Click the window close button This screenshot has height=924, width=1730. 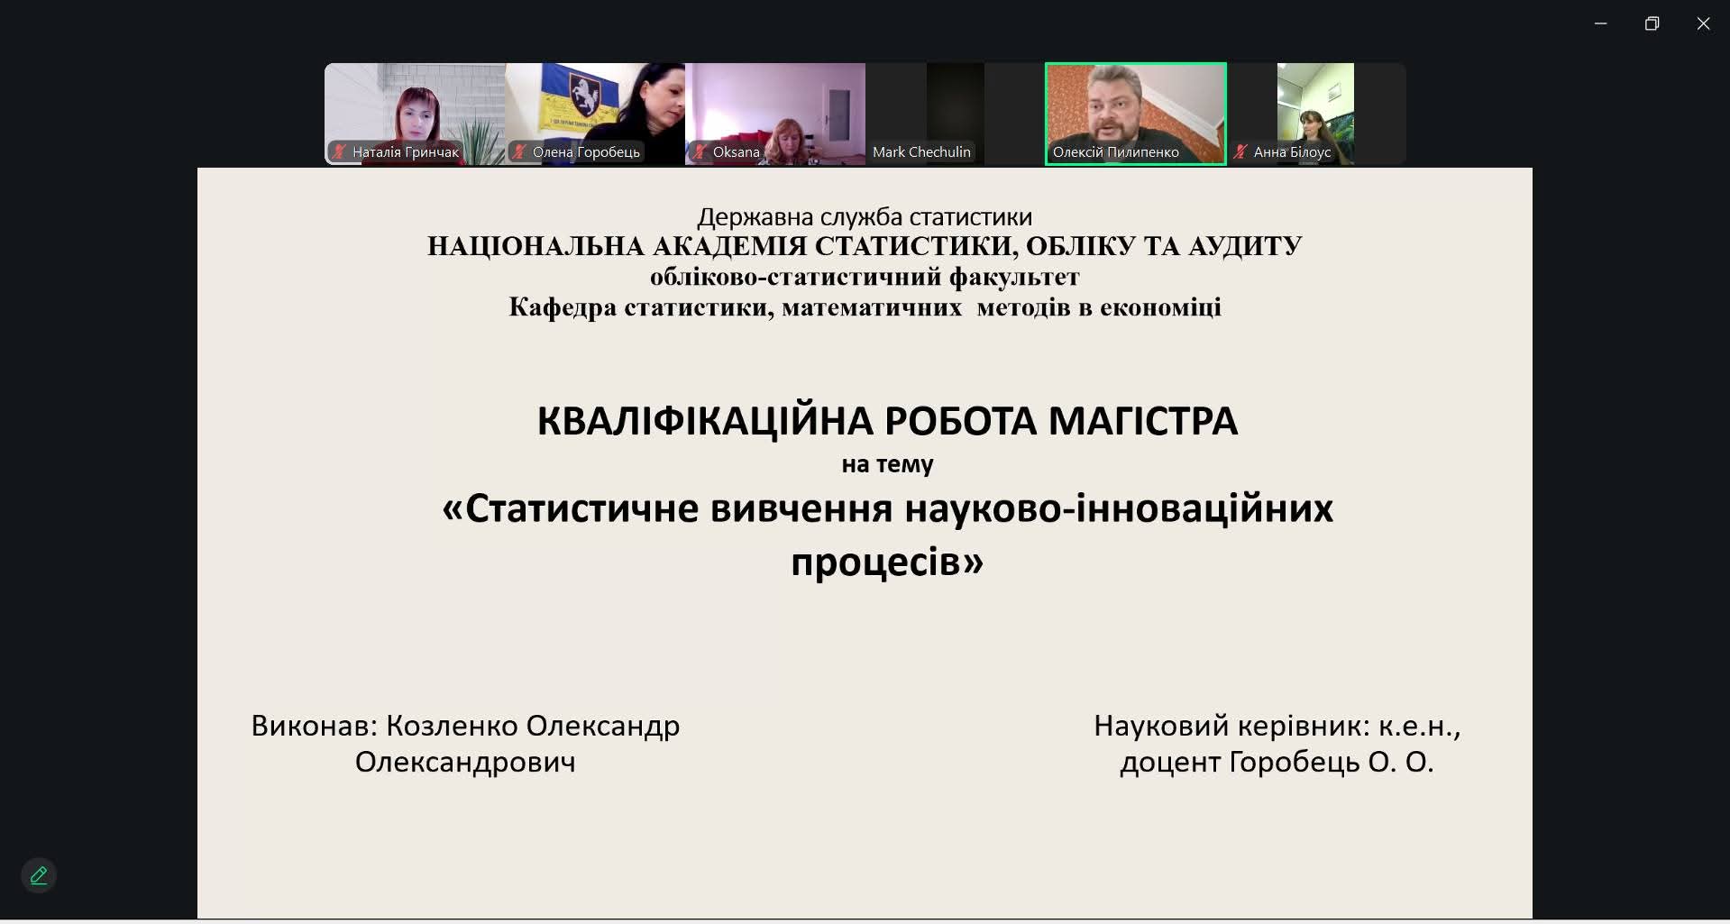1703,24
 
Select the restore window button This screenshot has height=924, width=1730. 1652,24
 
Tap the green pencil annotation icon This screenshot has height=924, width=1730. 39,875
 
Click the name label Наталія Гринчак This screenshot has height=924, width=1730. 406,152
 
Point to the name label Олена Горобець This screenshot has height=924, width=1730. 586,152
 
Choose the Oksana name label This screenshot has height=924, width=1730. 736,152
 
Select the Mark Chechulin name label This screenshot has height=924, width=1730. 921,152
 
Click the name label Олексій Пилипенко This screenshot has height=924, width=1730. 1115,152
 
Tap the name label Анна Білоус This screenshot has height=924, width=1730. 1292,152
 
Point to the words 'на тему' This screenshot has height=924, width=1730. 887,464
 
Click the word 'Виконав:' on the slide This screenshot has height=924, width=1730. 314,726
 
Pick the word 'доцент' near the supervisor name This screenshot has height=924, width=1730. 1170,763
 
